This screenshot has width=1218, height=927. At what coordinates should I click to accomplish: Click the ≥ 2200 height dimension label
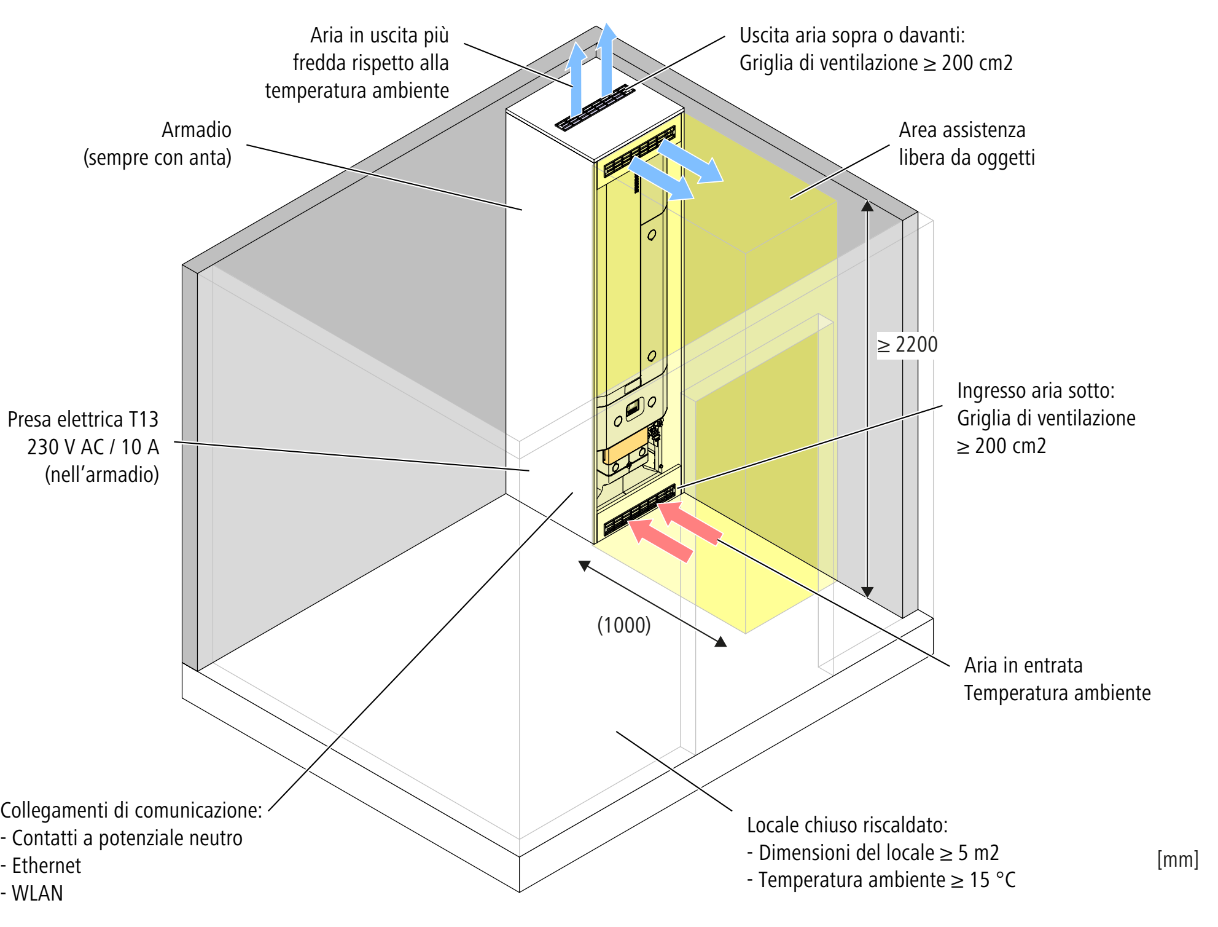tap(907, 345)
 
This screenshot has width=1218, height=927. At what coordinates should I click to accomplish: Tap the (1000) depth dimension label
tap(624, 625)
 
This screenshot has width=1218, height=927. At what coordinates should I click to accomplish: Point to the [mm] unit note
tap(1177, 859)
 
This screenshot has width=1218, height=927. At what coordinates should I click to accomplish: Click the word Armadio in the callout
tap(197, 130)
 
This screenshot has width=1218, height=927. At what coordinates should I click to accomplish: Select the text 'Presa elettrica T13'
tap(83, 419)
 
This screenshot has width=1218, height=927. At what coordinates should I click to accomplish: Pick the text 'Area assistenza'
tap(962, 130)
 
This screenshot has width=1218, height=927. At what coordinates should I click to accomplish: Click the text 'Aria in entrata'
tap(1023, 666)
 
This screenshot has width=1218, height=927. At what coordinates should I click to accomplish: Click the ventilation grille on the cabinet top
tap(595, 108)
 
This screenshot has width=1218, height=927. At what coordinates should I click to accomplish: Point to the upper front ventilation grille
tap(639, 151)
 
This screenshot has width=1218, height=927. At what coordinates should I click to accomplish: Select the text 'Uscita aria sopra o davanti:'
tap(852, 36)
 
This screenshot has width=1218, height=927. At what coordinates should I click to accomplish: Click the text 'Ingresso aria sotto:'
tap(1036, 391)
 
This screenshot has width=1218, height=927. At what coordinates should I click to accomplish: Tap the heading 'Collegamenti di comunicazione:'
tap(131, 811)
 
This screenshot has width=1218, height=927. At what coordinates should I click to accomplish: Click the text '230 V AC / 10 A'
tap(93, 447)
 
